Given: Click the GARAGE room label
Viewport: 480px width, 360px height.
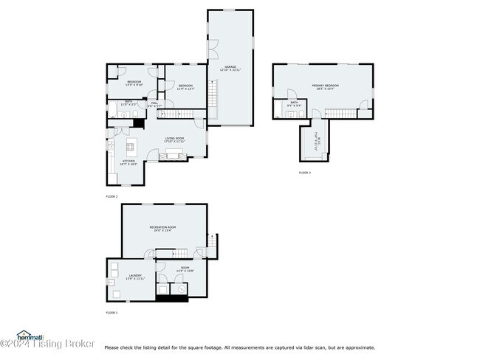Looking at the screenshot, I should tap(230, 66).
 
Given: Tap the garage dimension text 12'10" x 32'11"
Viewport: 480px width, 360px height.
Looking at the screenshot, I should tap(230, 70).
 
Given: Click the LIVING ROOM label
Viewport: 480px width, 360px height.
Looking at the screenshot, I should tap(174, 138).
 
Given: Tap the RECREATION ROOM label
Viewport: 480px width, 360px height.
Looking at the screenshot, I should tap(162, 226).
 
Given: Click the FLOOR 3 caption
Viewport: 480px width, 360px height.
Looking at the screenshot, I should tap(305, 173).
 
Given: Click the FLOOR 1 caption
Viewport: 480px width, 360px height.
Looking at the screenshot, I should tap(112, 313).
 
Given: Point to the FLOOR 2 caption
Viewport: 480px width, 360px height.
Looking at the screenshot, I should tap(112, 196).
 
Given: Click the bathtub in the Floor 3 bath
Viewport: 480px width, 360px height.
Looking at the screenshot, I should tap(293, 111).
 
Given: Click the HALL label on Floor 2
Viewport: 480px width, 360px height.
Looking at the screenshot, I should tap(154, 103).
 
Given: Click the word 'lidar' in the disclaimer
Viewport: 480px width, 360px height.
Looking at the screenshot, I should tap(304, 347).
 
